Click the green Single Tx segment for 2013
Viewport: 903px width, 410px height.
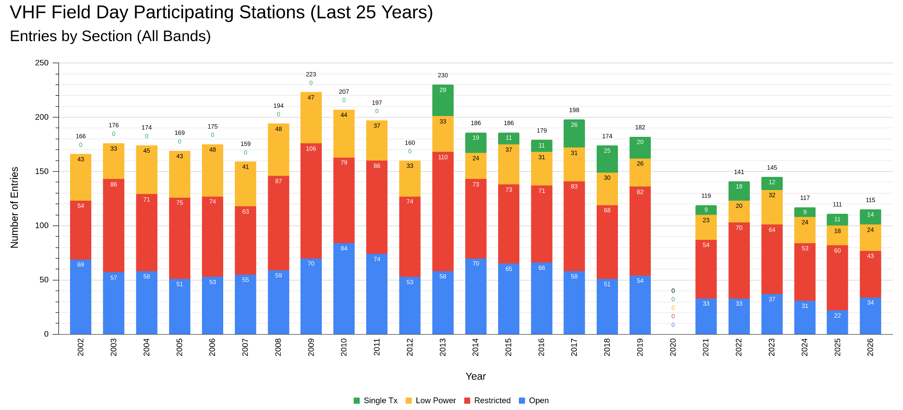[x=443, y=101]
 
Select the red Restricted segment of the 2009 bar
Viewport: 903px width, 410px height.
[x=311, y=201]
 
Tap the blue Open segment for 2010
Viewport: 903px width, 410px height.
[x=344, y=289]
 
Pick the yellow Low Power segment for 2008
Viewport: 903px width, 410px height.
[x=278, y=150]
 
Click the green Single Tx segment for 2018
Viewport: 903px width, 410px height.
[x=607, y=159]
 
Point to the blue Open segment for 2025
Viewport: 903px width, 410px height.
[x=837, y=322]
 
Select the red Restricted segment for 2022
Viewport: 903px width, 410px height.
[x=739, y=261]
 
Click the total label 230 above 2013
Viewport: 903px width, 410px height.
[x=443, y=75]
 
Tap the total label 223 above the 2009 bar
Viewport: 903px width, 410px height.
[x=311, y=74]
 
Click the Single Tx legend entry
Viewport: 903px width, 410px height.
[x=375, y=400]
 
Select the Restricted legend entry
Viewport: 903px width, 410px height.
[x=487, y=400]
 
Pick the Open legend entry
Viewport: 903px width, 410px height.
[x=533, y=400]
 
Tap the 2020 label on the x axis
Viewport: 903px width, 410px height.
[x=673, y=347]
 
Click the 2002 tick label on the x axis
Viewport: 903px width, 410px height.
[x=81, y=347]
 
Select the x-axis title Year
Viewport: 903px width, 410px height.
[x=475, y=376]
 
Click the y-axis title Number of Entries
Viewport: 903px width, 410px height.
[x=14, y=207]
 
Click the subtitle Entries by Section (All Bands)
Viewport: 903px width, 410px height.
[x=110, y=36]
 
